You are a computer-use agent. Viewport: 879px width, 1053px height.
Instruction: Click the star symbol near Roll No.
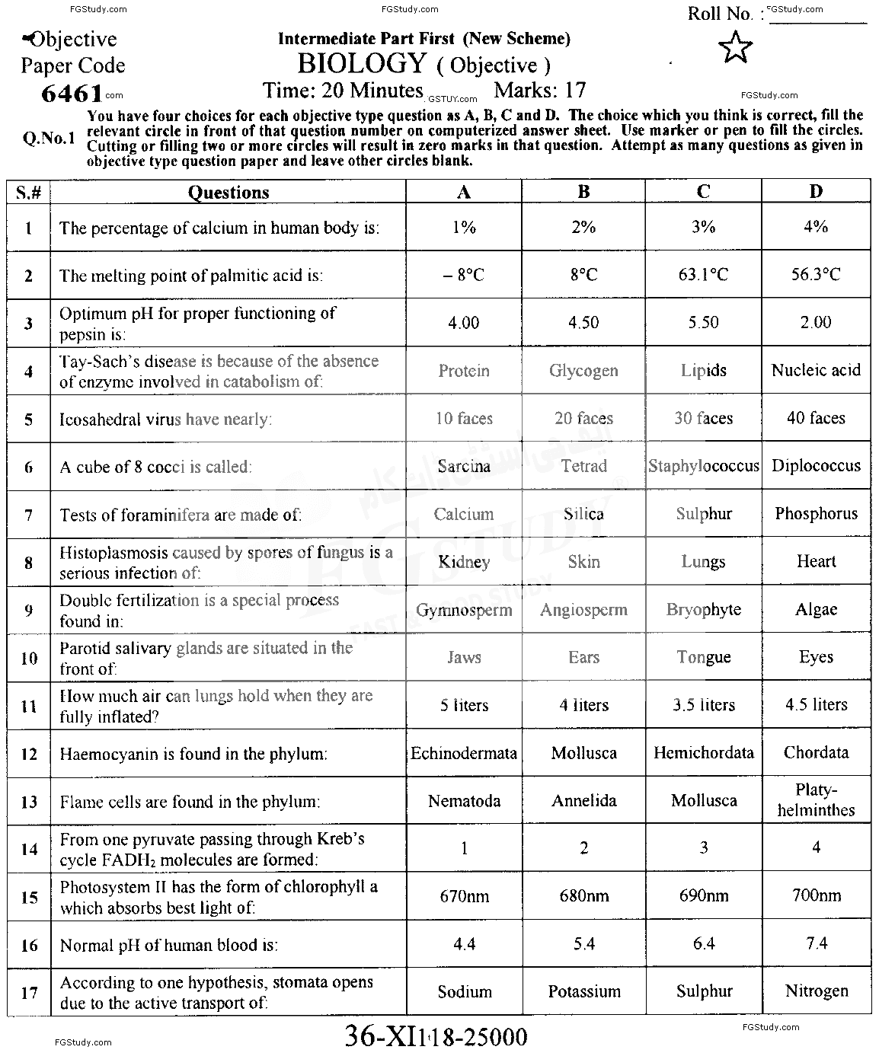(x=735, y=47)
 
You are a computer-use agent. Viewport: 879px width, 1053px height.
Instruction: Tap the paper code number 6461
(x=72, y=94)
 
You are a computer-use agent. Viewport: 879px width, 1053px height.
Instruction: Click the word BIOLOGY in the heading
(x=361, y=63)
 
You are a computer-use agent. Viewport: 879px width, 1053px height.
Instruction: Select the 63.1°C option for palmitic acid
(x=703, y=274)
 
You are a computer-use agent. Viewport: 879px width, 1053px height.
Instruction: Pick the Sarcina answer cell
(x=464, y=466)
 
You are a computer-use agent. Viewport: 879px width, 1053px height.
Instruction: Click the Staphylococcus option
(x=703, y=466)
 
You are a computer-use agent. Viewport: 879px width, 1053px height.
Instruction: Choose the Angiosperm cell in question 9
(x=583, y=610)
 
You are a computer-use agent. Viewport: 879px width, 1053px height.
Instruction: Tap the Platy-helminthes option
(x=816, y=800)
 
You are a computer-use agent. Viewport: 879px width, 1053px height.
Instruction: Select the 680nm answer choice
(x=583, y=896)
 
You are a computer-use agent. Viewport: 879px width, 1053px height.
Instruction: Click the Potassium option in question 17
(x=583, y=991)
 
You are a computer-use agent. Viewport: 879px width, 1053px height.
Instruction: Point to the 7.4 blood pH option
(x=816, y=943)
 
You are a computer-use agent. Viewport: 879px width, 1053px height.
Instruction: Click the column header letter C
(x=703, y=192)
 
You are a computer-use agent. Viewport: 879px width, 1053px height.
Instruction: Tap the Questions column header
(x=229, y=193)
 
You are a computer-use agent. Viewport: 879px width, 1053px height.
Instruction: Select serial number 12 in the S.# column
(x=29, y=754)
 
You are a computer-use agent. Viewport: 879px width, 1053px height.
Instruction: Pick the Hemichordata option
(x=703, y=753)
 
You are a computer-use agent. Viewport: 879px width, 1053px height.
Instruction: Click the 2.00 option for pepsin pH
(x=816, y=323)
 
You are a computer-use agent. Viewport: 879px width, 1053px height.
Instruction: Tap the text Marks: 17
(x=540, y=91)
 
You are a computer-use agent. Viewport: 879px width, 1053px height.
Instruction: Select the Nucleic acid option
(x=816, y=371)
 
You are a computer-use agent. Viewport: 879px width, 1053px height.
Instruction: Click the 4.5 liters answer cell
(x=816, y=705)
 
